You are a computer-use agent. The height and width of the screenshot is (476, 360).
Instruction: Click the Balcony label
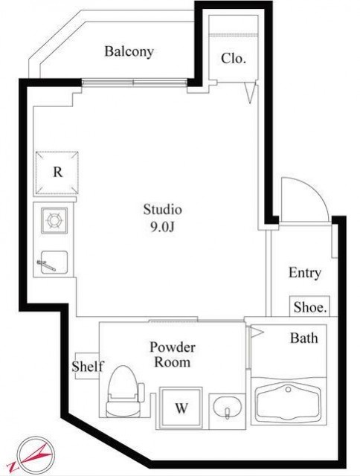click(129, 51)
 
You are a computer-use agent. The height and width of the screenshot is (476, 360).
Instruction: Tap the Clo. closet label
click(233, 58)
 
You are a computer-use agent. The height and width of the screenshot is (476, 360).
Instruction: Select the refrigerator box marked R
click(57, 173)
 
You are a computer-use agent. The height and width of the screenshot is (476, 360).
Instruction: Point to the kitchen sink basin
click(54, 262)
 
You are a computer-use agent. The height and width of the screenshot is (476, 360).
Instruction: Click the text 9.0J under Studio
click(162, 226)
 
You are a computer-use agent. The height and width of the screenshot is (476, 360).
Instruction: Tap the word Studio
click(162, 210)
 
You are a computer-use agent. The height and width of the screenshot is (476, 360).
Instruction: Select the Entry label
click(304, 273)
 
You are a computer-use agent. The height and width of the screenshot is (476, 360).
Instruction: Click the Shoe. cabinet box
click(309, 306)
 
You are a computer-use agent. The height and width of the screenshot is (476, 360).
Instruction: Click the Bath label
click(304, 338)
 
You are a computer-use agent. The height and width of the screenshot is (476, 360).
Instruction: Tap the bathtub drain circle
click(288, 389)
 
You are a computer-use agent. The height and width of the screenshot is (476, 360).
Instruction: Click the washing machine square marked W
click(181, 408)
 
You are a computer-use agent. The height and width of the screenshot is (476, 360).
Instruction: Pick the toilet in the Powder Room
click(125, 391)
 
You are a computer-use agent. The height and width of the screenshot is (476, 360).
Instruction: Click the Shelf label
click(88, 367)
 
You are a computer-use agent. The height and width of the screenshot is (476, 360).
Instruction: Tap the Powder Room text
click(173, 355)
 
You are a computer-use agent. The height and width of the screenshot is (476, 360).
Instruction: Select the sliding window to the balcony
click(134, 83)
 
